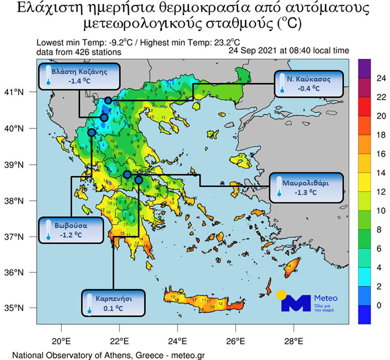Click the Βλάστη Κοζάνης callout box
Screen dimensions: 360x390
coord(79,76)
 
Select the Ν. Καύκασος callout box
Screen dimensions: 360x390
coord(309,83)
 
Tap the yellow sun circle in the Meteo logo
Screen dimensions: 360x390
coord(282,295)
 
